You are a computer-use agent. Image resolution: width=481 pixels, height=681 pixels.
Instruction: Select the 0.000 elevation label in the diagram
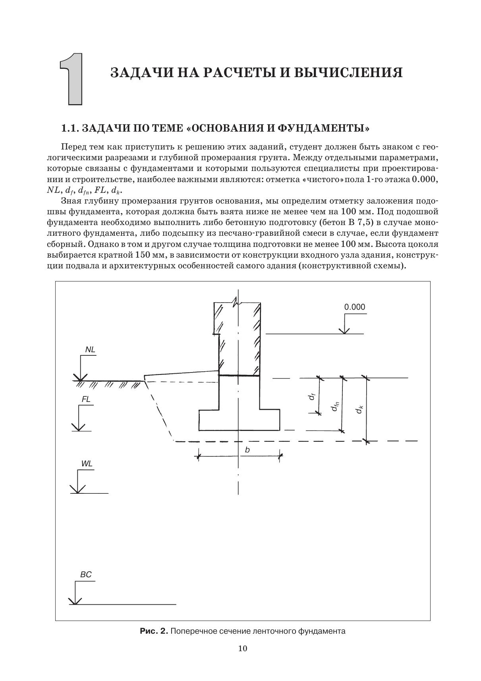354,307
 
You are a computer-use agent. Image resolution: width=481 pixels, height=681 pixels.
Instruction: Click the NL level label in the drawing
90,350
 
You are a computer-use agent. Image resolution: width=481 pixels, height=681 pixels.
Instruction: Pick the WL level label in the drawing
87,464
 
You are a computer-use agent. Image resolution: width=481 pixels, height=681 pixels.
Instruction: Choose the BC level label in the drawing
86,574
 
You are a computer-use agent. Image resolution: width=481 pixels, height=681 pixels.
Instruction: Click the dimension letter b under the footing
247,450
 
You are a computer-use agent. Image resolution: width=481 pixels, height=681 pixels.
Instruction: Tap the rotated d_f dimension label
313,396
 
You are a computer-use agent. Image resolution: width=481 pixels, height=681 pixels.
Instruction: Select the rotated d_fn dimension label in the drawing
335,406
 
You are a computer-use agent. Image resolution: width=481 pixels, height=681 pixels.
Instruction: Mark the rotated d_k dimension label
359,409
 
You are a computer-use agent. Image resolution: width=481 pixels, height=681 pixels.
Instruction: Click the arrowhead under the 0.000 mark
344,331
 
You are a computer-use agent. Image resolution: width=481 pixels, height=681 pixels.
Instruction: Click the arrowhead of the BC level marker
75,601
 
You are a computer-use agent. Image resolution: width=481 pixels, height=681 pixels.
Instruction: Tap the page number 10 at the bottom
243,648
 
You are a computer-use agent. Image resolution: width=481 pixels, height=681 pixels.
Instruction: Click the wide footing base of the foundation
239,421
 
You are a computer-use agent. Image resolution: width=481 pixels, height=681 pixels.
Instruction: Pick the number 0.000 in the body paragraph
424,179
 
